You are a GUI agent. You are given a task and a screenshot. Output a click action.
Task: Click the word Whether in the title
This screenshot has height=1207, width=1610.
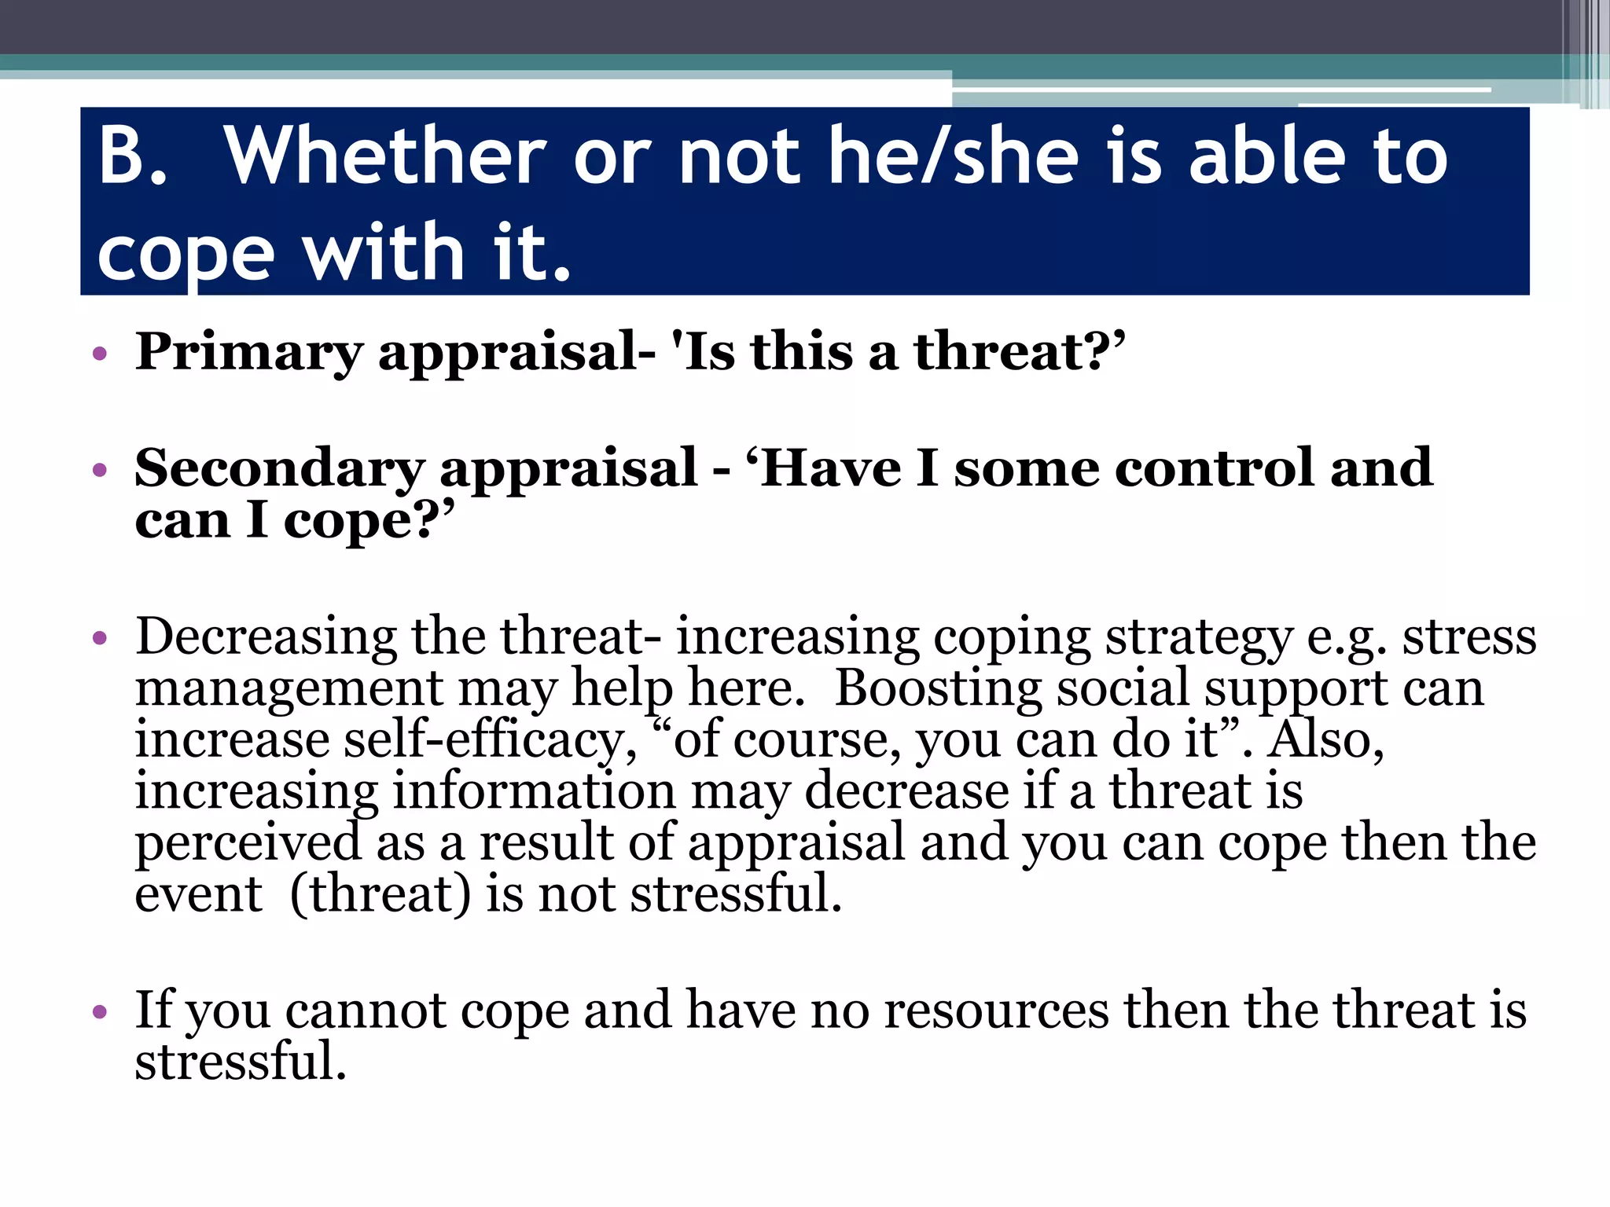pos(384,156)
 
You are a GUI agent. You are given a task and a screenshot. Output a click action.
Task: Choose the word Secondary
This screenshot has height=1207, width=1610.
pos(279,468)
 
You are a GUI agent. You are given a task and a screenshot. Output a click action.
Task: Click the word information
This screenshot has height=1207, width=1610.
pos(534,791)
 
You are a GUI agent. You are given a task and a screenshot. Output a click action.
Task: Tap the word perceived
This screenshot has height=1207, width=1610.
pos(248,843)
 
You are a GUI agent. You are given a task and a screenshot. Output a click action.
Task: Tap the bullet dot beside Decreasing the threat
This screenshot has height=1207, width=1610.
pos(99,637)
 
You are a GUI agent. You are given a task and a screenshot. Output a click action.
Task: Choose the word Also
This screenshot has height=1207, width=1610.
pos(1325,740)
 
